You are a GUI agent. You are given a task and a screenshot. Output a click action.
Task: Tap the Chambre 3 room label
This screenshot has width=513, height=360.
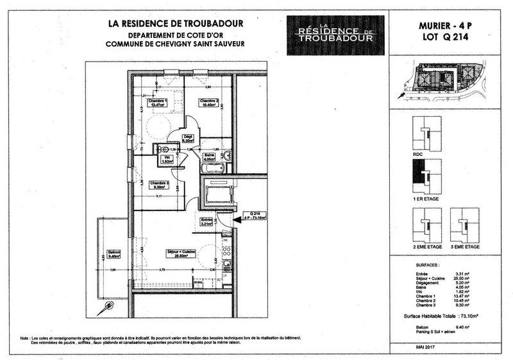pos(159,185)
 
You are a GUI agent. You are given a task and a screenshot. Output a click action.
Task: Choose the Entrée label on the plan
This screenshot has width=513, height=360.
pos(206,223)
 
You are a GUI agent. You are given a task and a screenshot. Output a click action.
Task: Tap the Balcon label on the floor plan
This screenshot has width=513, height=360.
pos(114,253)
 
